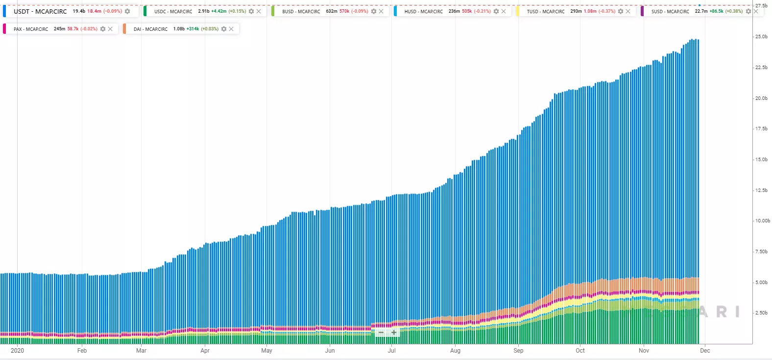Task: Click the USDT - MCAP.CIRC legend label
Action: [x=40, y=11]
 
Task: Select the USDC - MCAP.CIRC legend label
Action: [x=173, y=11]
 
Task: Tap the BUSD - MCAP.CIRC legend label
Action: [x=301, y=11]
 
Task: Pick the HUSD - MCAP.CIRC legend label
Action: [x=423, y=11]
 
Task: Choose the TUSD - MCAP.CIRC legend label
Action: [x=545, y=11]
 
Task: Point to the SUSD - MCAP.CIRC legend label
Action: [x=670, y=11]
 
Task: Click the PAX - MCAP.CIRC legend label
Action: [x=31, y=29]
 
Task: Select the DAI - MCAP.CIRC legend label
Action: [x=150, y=29]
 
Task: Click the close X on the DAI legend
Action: [x=231, y=29]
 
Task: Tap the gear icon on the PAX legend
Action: [x=103, y=29]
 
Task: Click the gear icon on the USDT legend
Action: [x=127, y=11]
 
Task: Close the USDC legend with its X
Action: [x=259, y=11]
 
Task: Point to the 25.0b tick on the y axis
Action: [x=761, y=37]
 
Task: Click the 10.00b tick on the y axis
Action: [x=762, y=221]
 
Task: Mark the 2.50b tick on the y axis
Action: [x=761, y=313]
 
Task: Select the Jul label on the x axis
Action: [x=392, y=351]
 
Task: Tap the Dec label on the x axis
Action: [x=705, y=351]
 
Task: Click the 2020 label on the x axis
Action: [x=17, y=351]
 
